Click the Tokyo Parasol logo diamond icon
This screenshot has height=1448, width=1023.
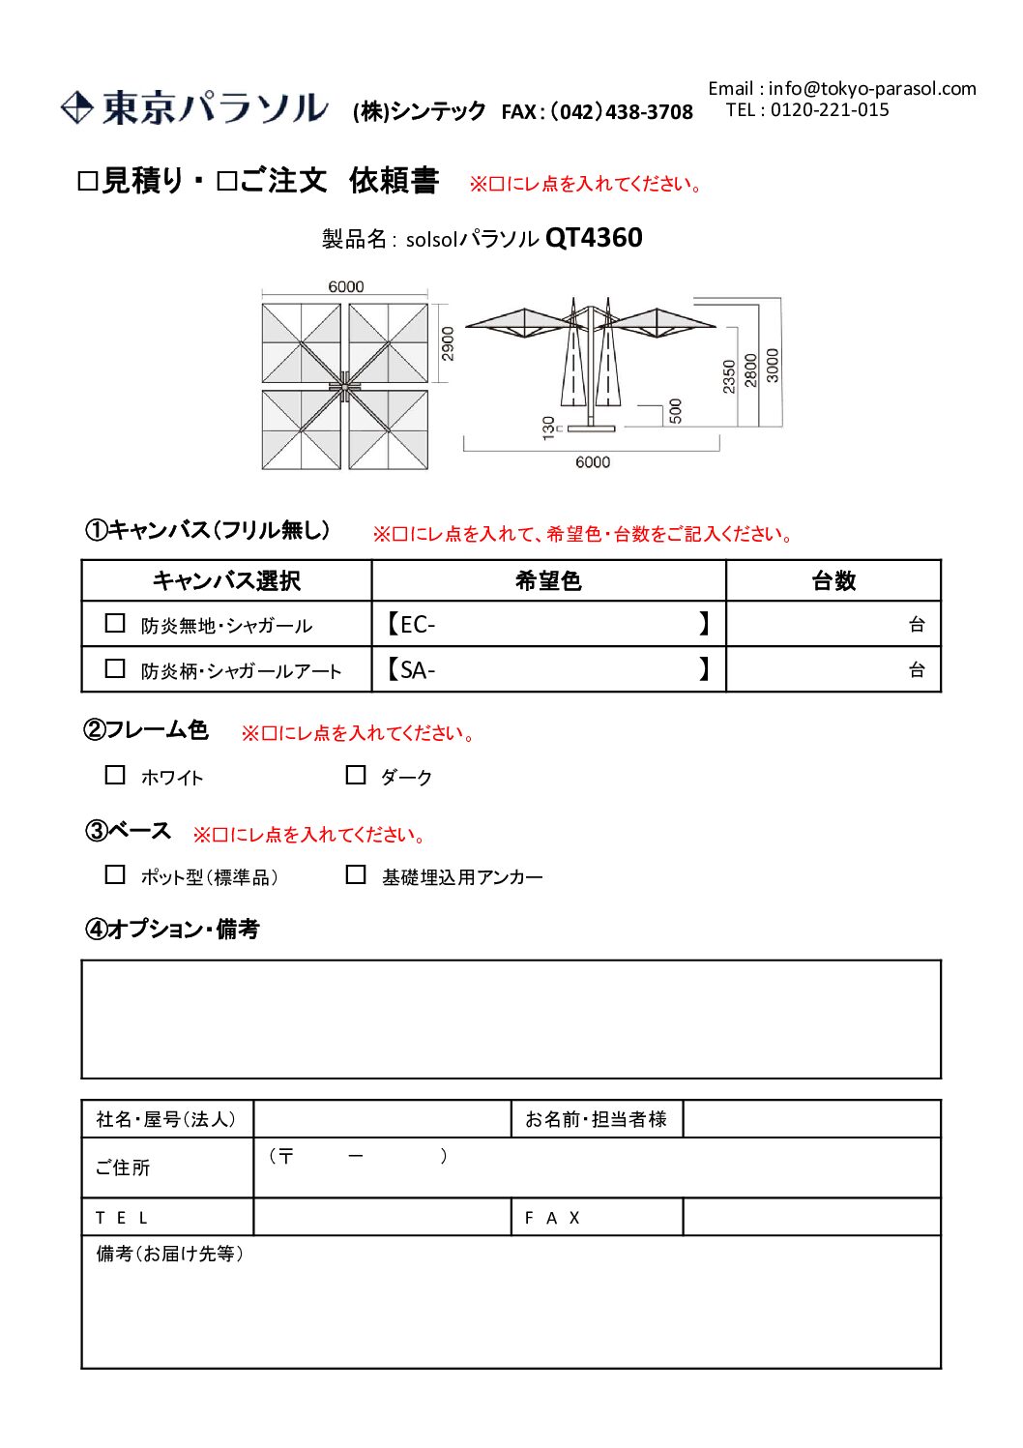pyautogui.click(x=76, y=107)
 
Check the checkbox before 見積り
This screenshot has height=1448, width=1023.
pyautogui.click(x=88, y=182)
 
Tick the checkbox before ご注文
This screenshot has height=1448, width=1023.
pyautogui.click(x=227, y=182)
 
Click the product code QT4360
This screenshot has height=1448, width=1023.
pyautogui.click(x=594, y=238)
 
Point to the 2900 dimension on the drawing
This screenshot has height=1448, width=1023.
pyautogui.click(x=448, y=343)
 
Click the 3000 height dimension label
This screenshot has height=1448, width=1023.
pyautogui.click(x=772, y=365)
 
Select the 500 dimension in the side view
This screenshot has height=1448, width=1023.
pyautogui.click(x=675, y=410)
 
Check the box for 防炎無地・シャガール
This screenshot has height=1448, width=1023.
pyautogui.click(x=115, y=624)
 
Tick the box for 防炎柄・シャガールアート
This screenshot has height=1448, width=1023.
pyautogui.click(x=115, y=668)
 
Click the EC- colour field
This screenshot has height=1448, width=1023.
pyautogui.click(x=548, y=624)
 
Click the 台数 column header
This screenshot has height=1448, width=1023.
pyautogui.click(x=833, y=580)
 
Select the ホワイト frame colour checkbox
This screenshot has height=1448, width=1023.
pyautogui.click(x=115, y=775)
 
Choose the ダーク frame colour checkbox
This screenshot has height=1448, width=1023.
pyautogui.click(x=356, y=775)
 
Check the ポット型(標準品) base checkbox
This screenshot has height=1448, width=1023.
pyautogui.click(x=115, y=874)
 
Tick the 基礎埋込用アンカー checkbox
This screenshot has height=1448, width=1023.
pyautogui.click(x=356, y=874)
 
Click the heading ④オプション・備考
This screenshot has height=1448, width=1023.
pyautogui.click(x=172, y=930)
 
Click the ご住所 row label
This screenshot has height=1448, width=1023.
pyautogui.click(x=123, y=1167)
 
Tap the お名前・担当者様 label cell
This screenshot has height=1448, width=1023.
pyautogui.click(x=596, y=1119)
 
